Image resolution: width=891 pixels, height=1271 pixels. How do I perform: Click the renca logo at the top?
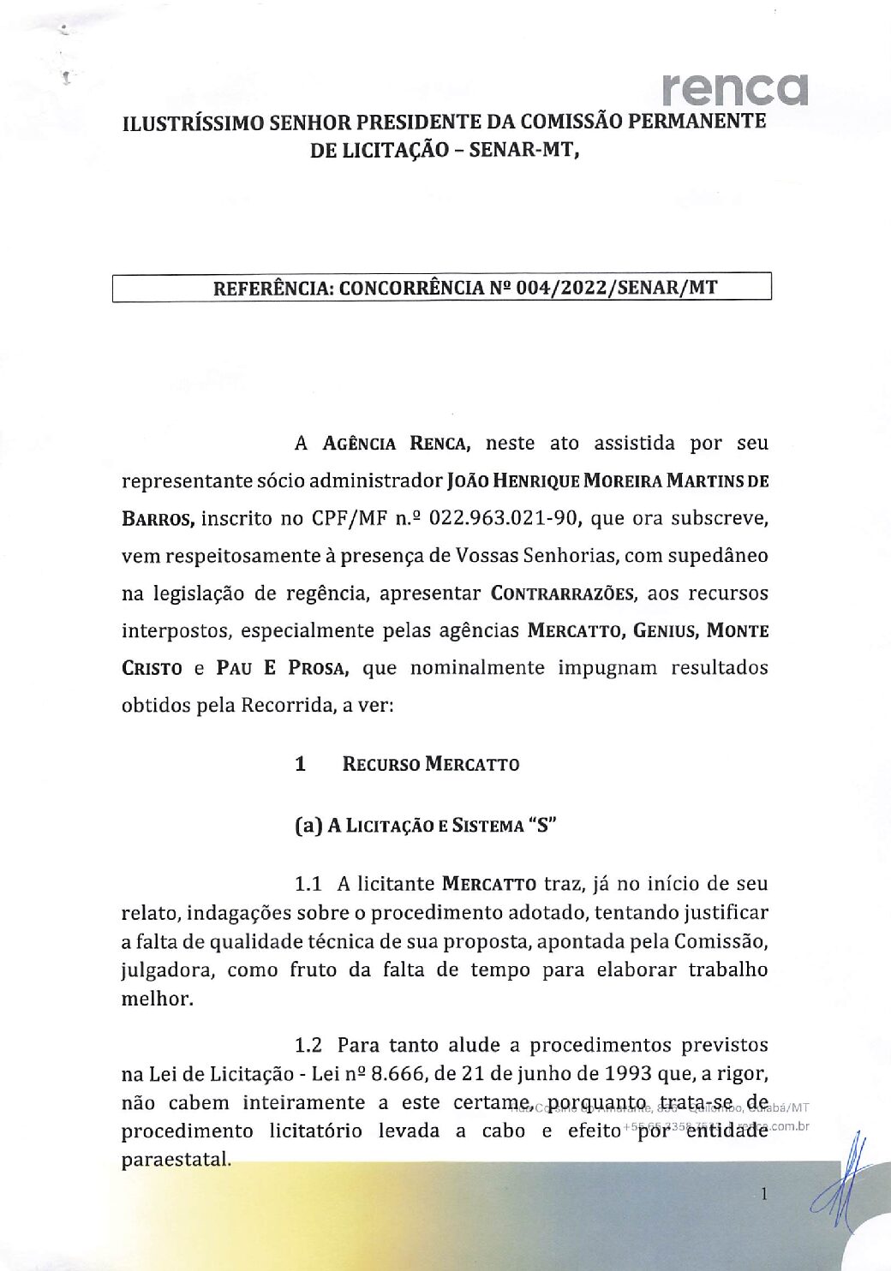click(x=734, y=89)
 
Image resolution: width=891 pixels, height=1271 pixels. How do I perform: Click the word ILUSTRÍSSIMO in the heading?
click(x=193, y=122)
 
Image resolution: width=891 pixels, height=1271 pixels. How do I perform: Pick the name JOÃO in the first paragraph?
click(x=468, y=480)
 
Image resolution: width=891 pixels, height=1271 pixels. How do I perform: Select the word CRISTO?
click(x=152, y=668)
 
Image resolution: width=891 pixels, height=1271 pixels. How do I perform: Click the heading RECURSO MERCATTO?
click(x=430, y=764)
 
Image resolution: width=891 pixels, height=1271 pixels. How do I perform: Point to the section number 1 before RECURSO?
click(x=300, y=764)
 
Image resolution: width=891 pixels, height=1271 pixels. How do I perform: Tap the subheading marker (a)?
click(x=308, y=826)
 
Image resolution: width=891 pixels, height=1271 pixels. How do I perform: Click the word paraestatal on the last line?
click(x=176, y=1161)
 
